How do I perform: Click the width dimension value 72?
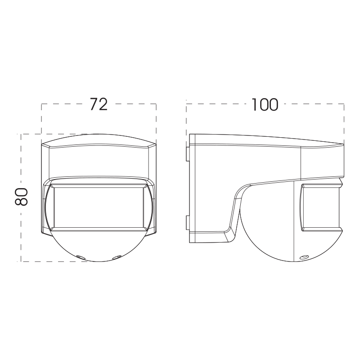coord(99,104)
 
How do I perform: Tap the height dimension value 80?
coord(21,197)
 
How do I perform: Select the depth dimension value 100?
coord(265,105)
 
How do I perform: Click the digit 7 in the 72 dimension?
coord(94,104)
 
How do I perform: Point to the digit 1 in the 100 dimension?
coord(254,105)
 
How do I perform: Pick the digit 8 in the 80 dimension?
coord(21,201)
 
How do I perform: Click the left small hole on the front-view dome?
coord(80,256)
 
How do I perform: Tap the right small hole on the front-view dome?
coord(117,256)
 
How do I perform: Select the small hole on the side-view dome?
coord(305,256)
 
